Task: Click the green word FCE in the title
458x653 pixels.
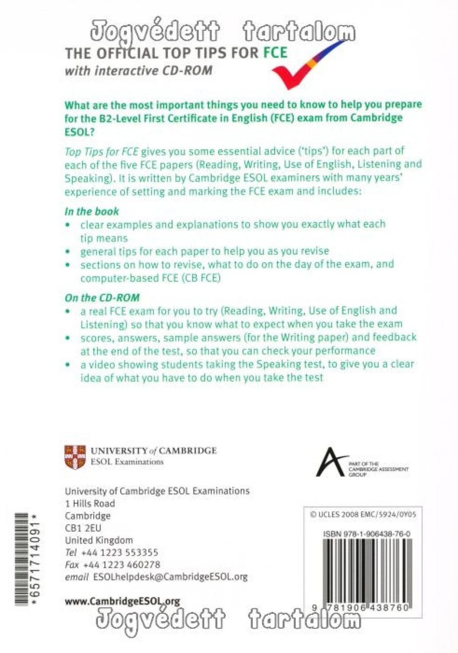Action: tap(275, 53)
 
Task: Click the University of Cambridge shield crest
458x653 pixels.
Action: tap(75, 457)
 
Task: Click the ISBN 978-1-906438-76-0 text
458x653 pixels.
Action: tap(366, 534)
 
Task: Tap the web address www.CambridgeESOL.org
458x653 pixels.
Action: tap(122, 601)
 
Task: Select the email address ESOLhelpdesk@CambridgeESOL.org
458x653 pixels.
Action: tap(170, 577)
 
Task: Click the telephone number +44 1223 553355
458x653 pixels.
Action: tap(120, 553)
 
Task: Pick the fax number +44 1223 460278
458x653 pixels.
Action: tap(121, 565)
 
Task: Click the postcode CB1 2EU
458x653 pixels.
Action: tap(83, 528)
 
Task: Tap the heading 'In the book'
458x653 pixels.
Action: tap(92, 211)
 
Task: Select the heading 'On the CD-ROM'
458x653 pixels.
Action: tap(102, 298)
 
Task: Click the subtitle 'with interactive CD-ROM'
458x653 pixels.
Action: tap(138, 71)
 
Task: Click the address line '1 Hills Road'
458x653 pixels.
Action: tap(90, 503)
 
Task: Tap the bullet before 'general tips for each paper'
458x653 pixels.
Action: tap(68, 251)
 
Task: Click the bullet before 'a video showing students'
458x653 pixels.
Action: tap(68, 364)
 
